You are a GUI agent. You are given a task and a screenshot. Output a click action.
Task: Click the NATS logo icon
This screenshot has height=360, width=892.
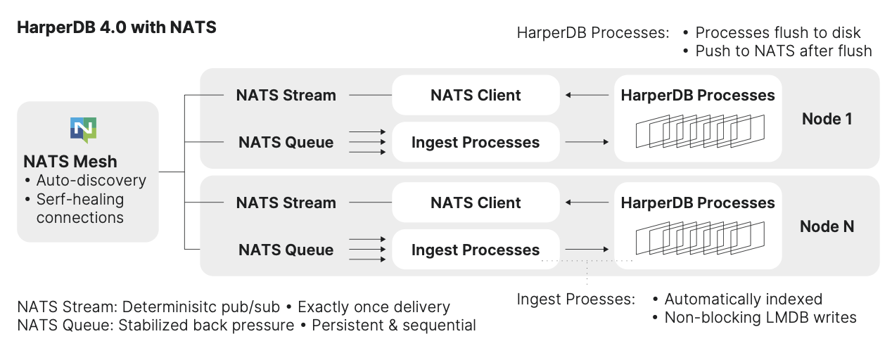[83, 131]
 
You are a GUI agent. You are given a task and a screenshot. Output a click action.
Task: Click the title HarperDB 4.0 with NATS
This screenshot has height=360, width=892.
[117, 28]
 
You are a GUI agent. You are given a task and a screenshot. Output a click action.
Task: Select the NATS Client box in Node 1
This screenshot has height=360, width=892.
[476, 96]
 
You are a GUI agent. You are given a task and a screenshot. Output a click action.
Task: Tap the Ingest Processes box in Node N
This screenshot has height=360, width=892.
[476, 250]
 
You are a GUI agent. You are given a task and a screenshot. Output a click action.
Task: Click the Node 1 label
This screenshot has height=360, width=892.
[827, 119]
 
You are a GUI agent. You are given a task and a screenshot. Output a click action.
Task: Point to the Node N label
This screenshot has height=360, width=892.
[827, 226]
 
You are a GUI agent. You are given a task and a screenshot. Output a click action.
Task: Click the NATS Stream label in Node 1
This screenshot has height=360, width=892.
[286, 96]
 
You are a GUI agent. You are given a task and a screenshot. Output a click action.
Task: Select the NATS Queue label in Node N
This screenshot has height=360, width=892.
[286, 250]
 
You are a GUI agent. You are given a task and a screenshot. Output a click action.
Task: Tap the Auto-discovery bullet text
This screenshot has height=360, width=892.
[91, 181]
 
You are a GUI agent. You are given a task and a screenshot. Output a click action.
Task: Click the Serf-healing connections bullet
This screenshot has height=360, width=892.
[79, 209]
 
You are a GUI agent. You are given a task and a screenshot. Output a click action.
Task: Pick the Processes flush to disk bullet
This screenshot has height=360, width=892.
[777, 32]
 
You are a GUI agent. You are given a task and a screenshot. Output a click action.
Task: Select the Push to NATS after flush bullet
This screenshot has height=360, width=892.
[783, 51]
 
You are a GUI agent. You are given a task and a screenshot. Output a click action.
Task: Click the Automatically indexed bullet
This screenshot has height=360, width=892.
[743, 299]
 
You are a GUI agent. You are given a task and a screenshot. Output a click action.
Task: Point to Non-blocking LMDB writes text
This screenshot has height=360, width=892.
[760, 317]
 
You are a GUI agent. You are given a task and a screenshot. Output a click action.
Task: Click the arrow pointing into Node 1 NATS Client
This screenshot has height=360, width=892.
[587, 96]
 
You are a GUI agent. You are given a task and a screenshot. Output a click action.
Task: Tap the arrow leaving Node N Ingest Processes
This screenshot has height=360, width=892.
[587, 250]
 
